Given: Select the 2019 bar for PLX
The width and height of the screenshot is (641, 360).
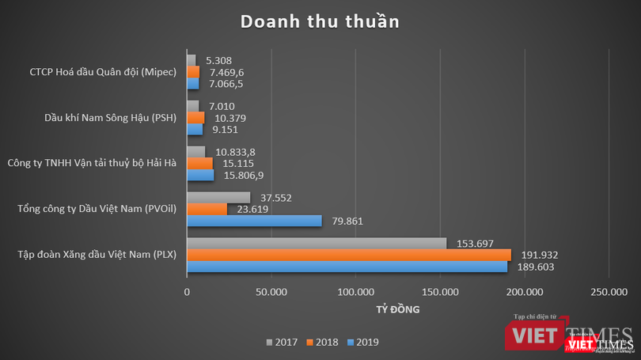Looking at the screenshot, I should [x=347, y=267].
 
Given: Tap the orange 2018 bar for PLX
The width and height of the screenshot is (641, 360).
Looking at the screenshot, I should [x=348, y=255].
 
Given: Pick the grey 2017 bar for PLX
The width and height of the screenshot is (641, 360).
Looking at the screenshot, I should [x=316, y=243].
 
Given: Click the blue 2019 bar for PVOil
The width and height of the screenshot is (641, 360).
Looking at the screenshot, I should [x=254, y=221].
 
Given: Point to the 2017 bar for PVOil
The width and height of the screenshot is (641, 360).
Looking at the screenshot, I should [x=218, y=198].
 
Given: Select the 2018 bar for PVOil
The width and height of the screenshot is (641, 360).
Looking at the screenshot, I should [x=207, y=209].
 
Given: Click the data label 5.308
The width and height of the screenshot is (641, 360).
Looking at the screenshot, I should [x=218, y=59].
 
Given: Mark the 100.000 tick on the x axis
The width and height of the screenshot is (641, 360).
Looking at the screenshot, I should [x=355, y=292].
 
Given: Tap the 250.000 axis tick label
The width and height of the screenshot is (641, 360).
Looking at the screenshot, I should [x=608, y=292].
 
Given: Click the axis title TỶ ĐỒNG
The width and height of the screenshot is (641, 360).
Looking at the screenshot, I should [x=398, y=309].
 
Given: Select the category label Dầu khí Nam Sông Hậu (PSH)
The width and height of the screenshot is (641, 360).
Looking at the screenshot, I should [x=110, y=118].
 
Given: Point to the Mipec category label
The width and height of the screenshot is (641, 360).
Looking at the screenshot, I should [x=102, y=72].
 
